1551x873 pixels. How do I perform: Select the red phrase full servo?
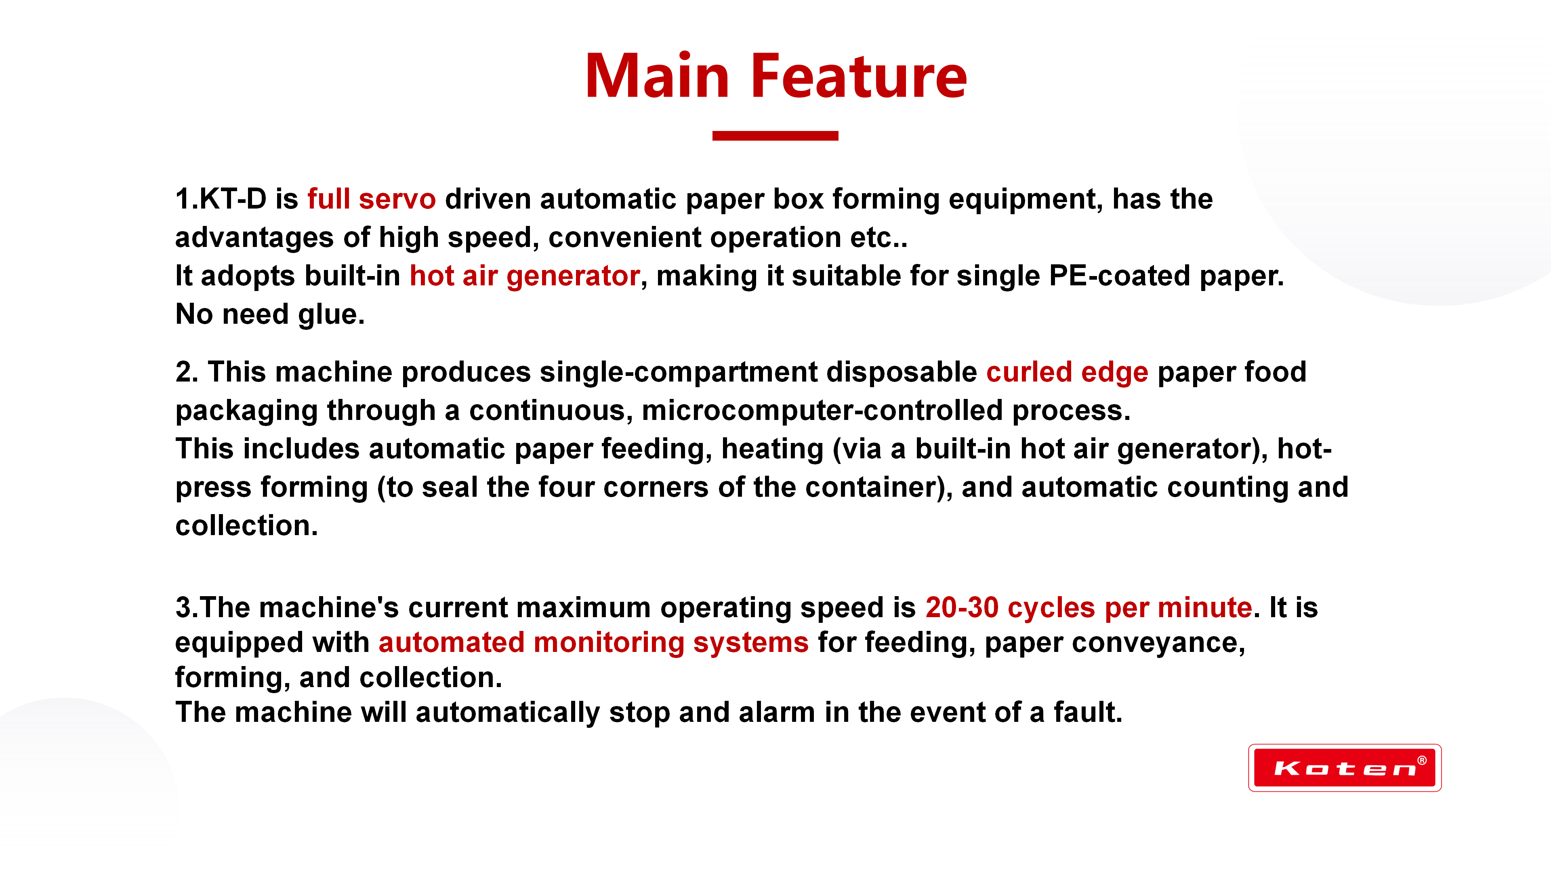click(372, 199)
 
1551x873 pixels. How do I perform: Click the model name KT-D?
click(233, 199)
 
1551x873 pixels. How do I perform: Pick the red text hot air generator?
click(524, 276)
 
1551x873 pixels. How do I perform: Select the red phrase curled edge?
click(1067, 372)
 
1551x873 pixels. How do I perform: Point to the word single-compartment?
click(679, 372)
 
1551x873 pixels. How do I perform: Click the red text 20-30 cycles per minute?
click(1089, 607)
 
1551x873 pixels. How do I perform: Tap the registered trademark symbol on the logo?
click(1422, 760)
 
